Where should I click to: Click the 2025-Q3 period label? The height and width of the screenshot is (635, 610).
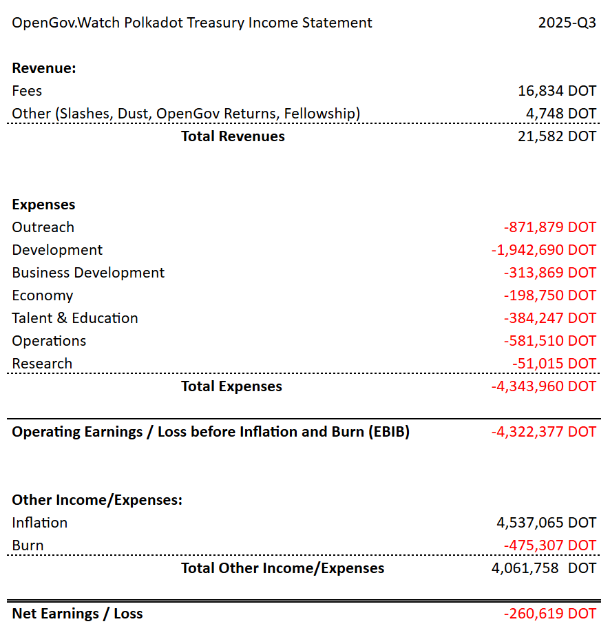[567, 23]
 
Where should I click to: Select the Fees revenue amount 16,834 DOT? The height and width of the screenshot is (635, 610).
[556, 91]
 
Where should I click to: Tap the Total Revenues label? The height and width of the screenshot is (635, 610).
[233, 136]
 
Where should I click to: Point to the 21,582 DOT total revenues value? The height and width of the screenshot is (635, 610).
[556, 136]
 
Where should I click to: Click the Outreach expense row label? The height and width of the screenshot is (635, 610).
[43, 227]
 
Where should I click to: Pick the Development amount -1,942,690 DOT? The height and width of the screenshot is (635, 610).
[543, 250]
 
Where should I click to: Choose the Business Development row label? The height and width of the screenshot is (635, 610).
[88, 273]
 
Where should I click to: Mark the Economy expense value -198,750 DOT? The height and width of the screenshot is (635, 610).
[549, 295]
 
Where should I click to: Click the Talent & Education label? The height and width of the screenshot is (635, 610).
[75, 318]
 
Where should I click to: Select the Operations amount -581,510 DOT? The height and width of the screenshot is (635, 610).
[549, 341]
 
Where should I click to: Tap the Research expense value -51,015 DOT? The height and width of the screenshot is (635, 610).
[554, 364]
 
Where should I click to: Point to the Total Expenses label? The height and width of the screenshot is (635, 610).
[231, 386]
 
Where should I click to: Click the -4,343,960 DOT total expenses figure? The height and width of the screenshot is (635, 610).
[543, 386]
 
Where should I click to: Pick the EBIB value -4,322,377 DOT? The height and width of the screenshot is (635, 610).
[543, 432]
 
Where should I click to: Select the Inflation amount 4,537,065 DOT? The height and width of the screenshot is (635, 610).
[546, 523]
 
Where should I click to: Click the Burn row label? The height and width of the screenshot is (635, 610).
[28, 545]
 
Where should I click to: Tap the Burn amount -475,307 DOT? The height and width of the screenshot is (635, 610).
[549, 545]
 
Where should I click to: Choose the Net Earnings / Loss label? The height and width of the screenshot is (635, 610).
[77, 614]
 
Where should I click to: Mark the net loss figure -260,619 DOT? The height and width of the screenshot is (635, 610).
[549, 614]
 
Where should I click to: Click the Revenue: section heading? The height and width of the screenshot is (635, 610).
[44, 68]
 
